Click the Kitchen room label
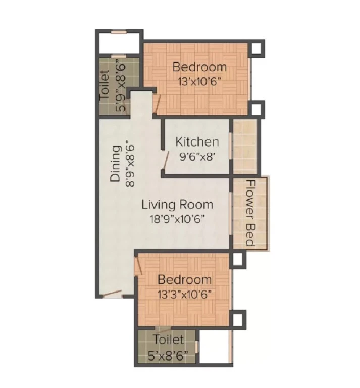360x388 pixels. (x=197, y=142)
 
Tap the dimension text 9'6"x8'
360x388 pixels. (x=196, y=157)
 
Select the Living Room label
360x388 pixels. (x=177, y=205)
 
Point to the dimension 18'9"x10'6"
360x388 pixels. (x=178, y=219)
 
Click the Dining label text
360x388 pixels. (x=116, y=164)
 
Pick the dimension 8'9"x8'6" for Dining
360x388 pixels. (x=130, y=164)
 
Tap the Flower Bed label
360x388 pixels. (x=250, y=213)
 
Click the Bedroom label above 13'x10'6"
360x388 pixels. (x=199, y=67)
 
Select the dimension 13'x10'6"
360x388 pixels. (x=199, y=82)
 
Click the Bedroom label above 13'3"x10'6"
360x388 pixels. (x=184, y=280)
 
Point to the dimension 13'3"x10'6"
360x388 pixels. (x=185, y=295)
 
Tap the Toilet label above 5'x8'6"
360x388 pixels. (x=168, y=339)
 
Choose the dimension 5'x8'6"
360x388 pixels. (x=168, y=356)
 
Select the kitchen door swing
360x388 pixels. (x=166, y=160)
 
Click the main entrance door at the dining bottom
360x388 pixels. (x=112, y=294)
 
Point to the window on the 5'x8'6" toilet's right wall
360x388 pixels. (x=196, y=347)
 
